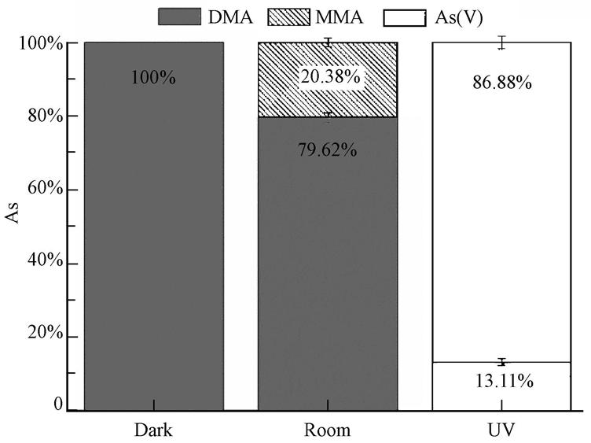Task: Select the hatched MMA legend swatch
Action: (304, 15)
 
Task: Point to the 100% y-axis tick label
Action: (39, 43)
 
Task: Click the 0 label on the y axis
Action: (58, 404)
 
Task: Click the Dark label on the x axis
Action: (153, 431)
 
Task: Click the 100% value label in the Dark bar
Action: (154, 79)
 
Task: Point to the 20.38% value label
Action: (329, 77)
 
